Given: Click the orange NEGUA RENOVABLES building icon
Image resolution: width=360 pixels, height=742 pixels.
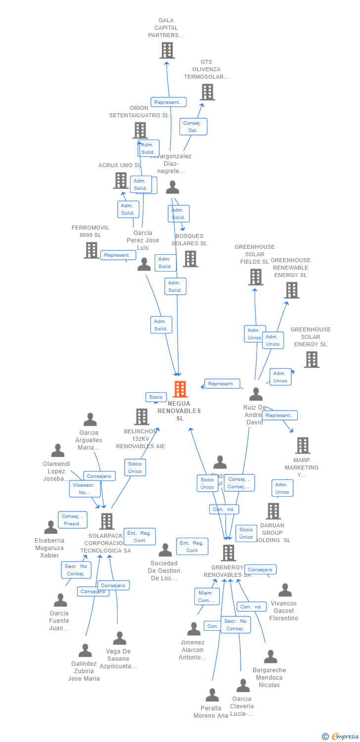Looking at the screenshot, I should coord(180,389).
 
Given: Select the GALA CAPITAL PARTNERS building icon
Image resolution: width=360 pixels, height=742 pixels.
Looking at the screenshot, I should coord(167,50).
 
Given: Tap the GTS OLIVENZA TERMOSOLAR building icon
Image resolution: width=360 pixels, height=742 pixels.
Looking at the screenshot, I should coord(207,92).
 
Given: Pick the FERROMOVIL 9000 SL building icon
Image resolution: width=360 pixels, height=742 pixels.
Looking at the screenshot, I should coord(91,250).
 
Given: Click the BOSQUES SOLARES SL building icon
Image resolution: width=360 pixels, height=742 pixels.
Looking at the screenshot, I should coord(190,259).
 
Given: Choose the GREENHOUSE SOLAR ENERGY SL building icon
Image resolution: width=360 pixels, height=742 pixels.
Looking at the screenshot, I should coord(312,360).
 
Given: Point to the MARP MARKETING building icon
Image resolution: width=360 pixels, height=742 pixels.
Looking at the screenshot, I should coord(303,445).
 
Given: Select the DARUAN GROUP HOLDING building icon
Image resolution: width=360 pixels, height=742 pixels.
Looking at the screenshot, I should coord(273,511).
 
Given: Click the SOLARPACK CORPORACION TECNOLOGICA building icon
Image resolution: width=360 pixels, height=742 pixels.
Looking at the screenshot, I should coord(107,521).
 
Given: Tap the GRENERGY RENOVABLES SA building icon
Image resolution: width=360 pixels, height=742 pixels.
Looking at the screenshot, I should coord(228,553).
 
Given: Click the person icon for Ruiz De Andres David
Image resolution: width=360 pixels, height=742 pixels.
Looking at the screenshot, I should coord(256,394).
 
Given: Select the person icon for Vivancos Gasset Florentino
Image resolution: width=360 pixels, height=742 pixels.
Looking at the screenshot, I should coord(285,590).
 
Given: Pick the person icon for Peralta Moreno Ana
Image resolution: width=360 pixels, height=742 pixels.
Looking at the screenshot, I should coord(212,695).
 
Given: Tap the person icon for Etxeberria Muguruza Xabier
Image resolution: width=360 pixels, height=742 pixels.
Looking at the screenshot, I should coord(50,527).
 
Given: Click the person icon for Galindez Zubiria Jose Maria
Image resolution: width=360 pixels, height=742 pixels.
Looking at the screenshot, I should coord(85,650).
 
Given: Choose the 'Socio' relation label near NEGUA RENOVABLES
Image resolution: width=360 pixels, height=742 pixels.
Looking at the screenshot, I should coord(156,397).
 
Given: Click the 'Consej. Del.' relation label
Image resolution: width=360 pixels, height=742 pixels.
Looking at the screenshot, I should coord(193,127).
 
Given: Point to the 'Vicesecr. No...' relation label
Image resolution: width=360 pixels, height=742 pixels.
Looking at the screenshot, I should coord(85,489).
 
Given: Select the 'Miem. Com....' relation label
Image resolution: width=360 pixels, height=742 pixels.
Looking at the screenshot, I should coord(206,597).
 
